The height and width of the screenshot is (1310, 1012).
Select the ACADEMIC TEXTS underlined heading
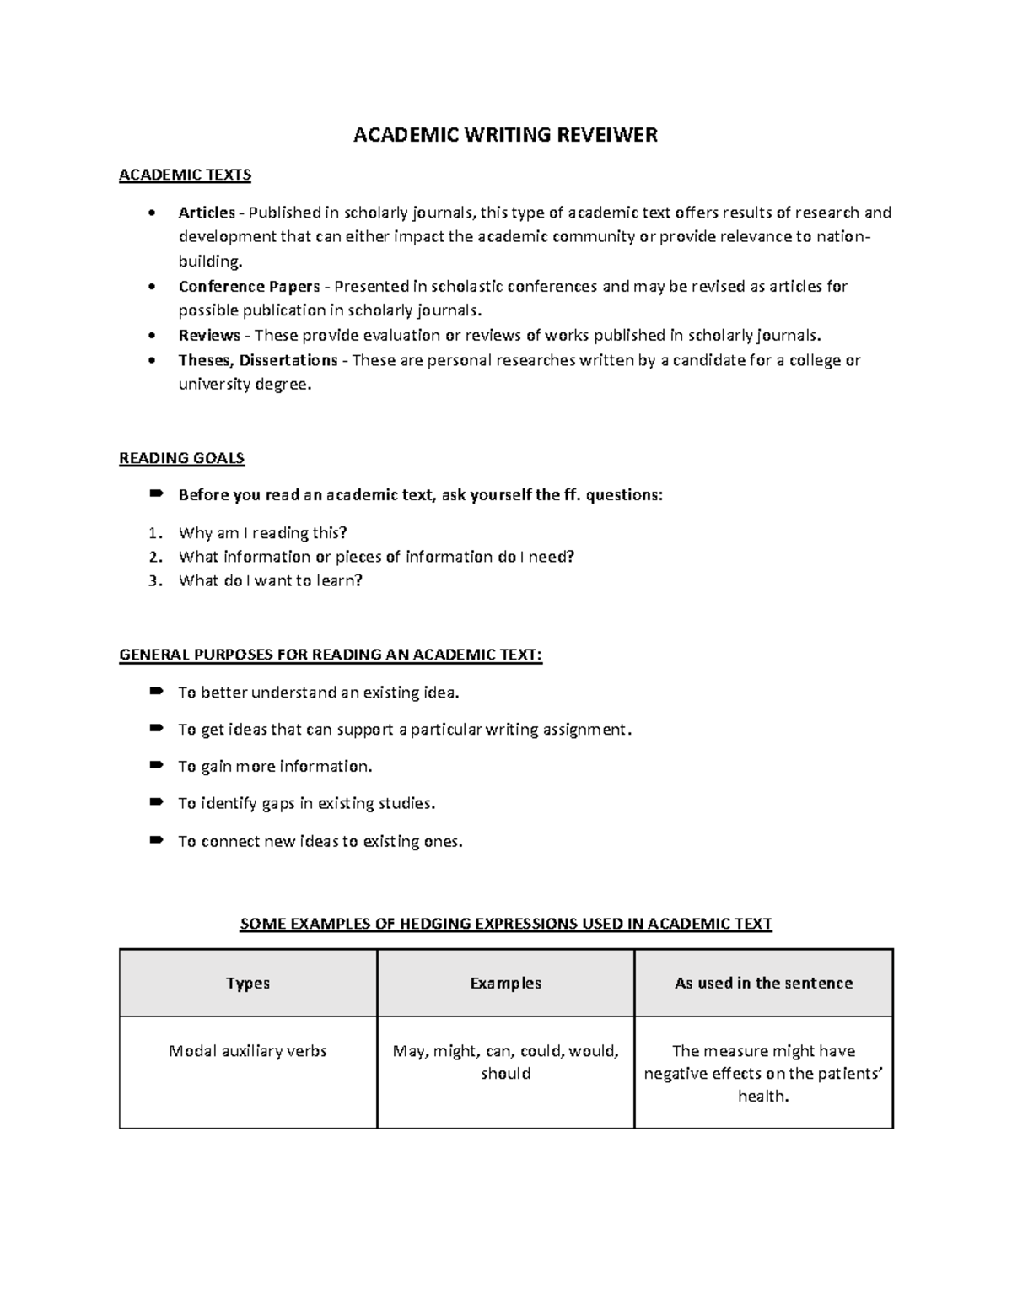tap(185, 175)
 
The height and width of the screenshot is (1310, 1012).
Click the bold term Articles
tap(206, 213)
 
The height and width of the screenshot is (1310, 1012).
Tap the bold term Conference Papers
tap(249, 286)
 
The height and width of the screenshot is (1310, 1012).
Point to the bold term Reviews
tap(209, 336)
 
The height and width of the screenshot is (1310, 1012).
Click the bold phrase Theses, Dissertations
tap(258, 360)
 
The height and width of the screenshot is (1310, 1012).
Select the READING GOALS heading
tap(181, 459)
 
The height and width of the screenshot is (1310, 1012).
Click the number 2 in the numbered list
tap(153, 557)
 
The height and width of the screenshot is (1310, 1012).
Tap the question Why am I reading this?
tap(262, 533)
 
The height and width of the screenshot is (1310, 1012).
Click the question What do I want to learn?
tap(270, 580)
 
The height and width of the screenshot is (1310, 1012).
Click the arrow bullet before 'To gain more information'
tap(155, 766)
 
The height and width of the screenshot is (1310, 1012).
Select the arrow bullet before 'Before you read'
tap(155, 494)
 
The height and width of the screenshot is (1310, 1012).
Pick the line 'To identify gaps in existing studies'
tap(306, 803)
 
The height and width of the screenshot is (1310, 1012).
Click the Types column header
tap(248, 983)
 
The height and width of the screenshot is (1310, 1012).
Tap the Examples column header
tap(505, 983)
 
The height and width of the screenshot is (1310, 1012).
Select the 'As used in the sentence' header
tap(763, 983)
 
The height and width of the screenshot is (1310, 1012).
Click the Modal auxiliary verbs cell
tap(248, 1051)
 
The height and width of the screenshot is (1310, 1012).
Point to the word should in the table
tap(505, 1074)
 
